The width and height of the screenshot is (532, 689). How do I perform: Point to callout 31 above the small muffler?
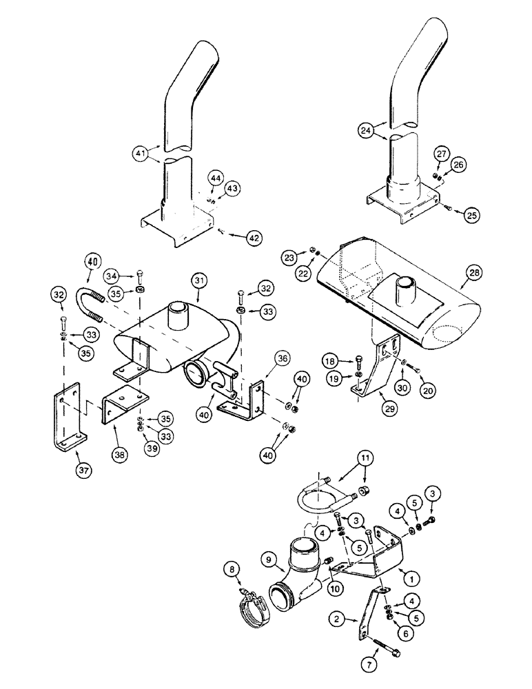200,281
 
